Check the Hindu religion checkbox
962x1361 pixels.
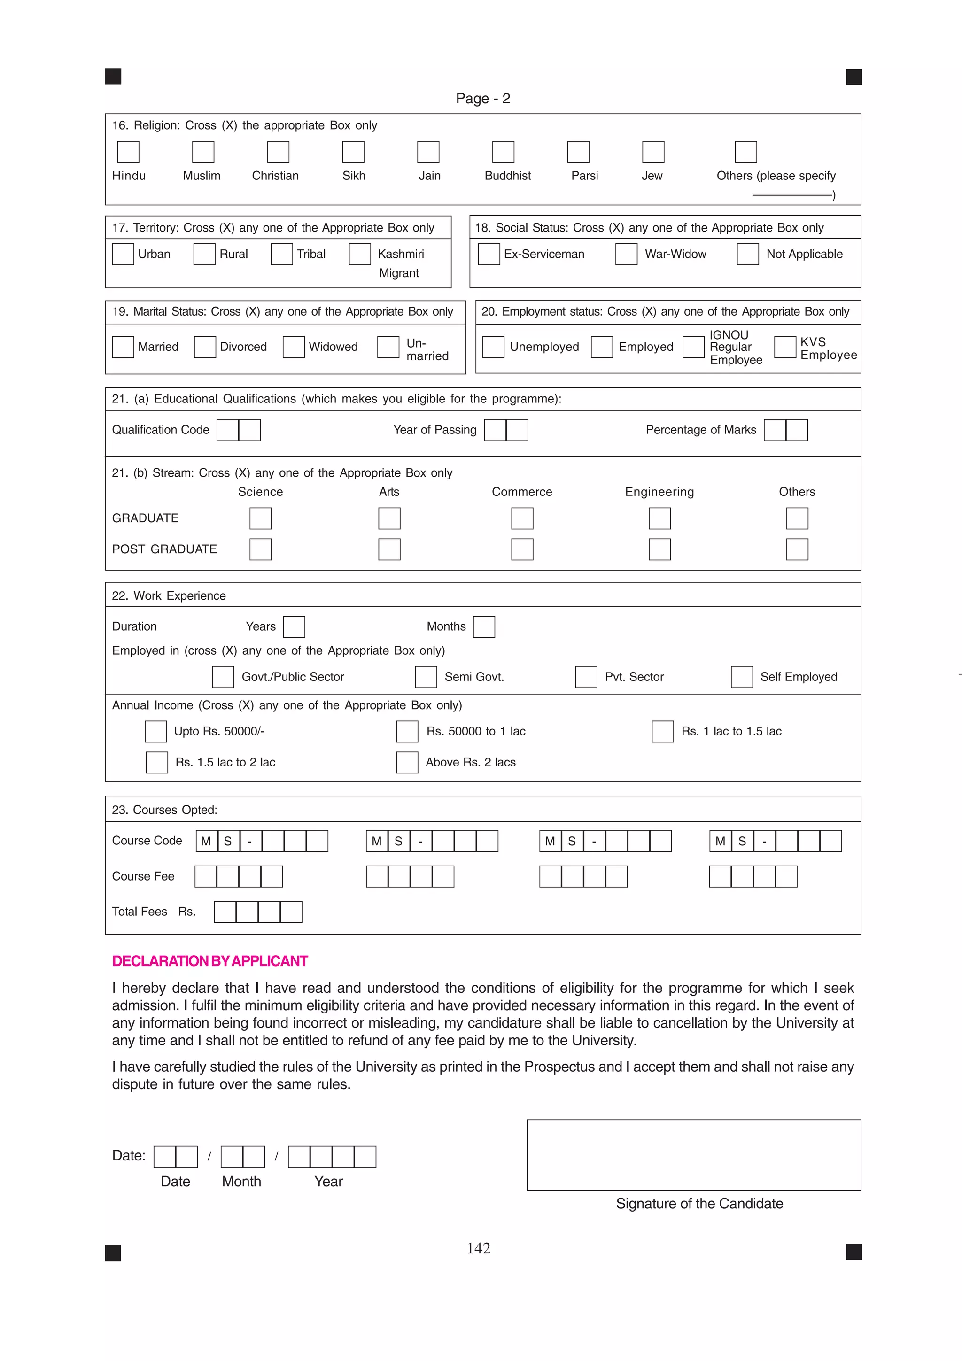tap(128, 152)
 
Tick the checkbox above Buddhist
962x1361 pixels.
tap(503, 152)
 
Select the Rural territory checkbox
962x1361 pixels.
tap(204, 254)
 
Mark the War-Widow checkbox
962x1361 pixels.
tap(626, 254)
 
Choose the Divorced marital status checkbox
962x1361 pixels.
tap(205, 347)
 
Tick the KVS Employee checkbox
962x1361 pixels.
tap(785, 347)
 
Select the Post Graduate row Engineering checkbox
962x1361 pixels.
tap(659, 549)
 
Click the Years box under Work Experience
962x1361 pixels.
tap(294, 626)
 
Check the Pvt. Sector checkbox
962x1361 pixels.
tap(586, 676)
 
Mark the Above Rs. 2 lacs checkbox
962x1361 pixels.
tap(407, 762)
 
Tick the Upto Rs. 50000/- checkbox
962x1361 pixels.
tap(156, 732)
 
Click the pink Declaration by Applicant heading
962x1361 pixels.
tap(210, 961)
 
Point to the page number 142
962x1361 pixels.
tap(478, 1248)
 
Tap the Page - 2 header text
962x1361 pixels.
tap(482, 99)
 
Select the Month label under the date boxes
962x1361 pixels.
tap(241, 1182)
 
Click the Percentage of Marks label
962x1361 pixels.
tap(701, 430)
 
